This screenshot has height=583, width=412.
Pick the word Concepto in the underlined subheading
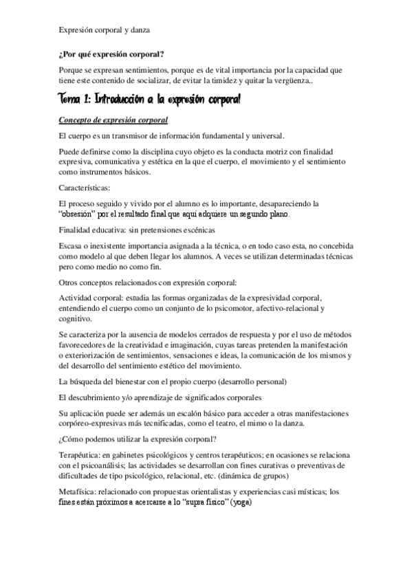click(x=79, y=120)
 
